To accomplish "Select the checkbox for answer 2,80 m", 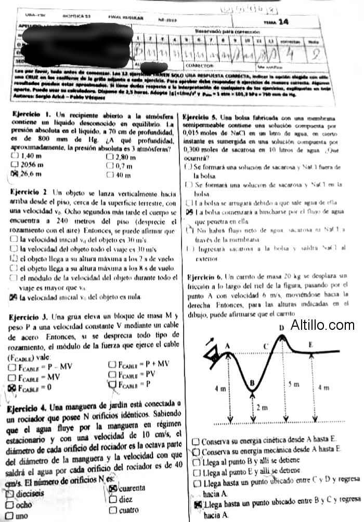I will tap(110, 156).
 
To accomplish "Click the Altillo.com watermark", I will tap(322, 326).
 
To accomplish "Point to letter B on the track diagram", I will tap(252, 384).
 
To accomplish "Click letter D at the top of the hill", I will tap(281, 328).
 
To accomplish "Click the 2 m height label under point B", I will tap(263, 408).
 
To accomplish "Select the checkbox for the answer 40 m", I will tap(110, 175).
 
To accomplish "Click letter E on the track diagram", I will tap(310, 344).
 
